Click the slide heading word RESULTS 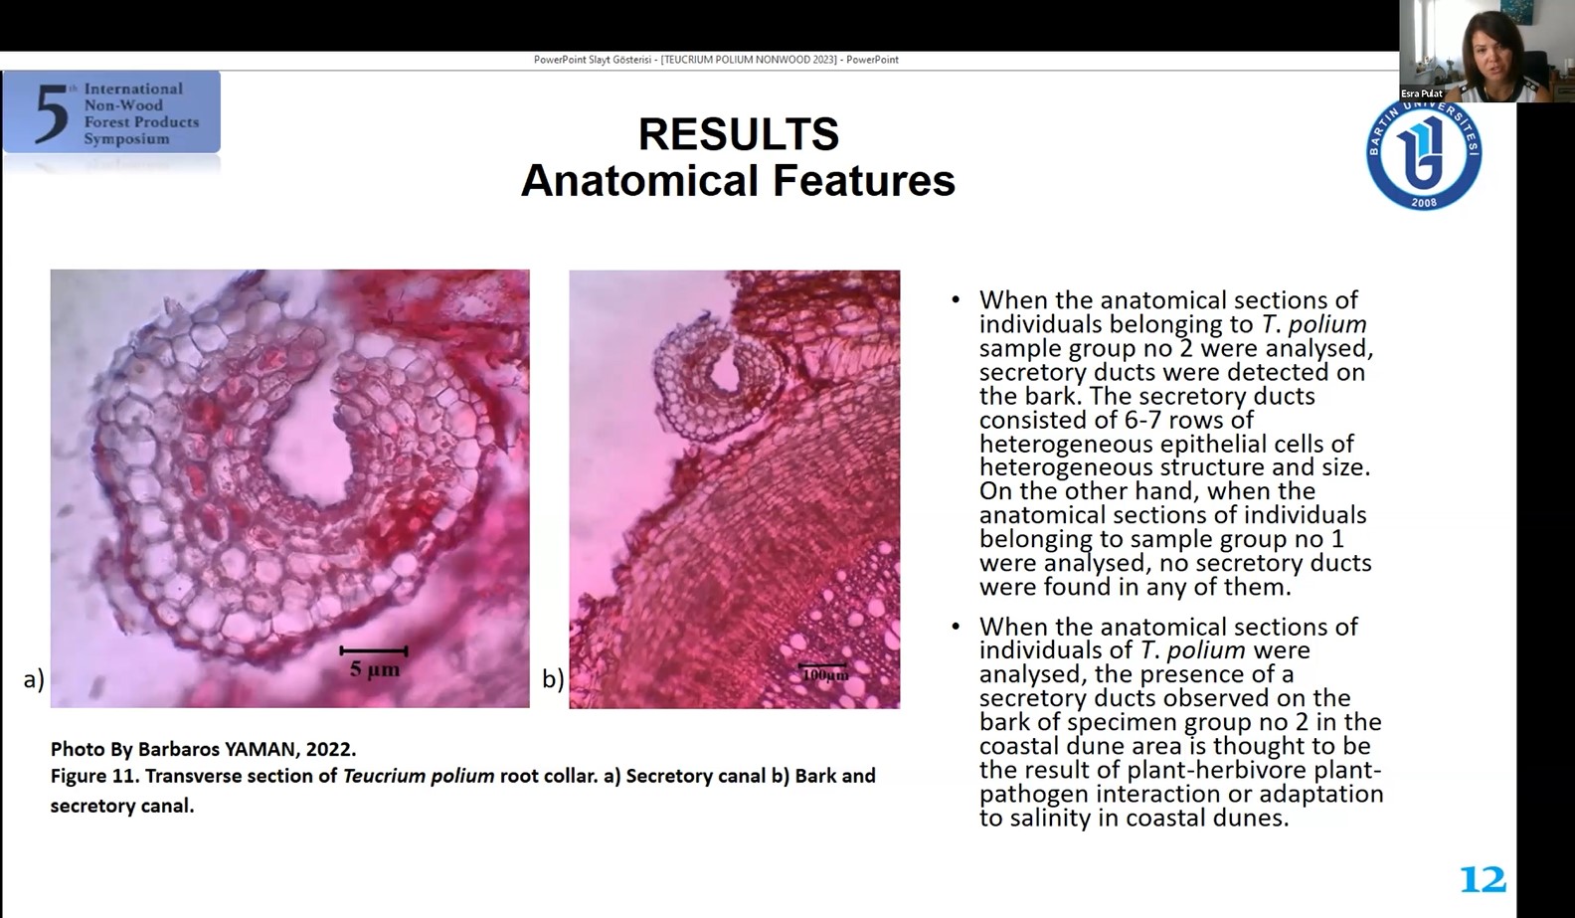[x=738, y=133]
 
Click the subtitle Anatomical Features [x=738, y=181]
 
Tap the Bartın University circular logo [x=1424, y=155]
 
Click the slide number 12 [x=1483, y=880]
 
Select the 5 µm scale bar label [x=375, y=669]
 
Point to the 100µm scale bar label [x=825, y=675]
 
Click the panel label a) [x=34, y=679]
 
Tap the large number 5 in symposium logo [x=52, y=114]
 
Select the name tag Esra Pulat [x=1421, y=93]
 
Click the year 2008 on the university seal [x=1424, y=203]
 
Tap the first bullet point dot [x=956, y=300]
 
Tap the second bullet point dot [x=956, y=626]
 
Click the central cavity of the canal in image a [x=309, y=451]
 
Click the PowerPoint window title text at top [x=716, y=60]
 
